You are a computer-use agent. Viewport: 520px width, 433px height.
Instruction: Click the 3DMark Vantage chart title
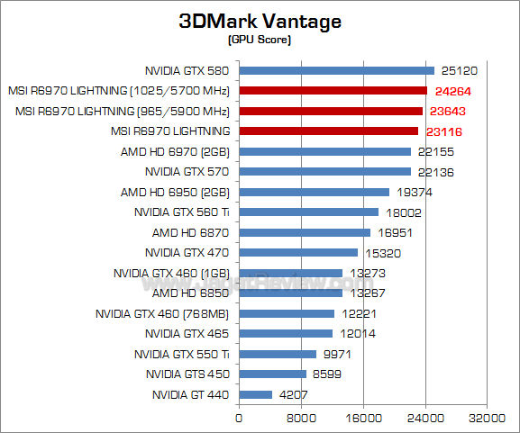260,21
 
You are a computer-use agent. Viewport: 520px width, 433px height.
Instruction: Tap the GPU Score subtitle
260,40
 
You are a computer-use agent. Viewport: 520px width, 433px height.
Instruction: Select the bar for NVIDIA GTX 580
336,70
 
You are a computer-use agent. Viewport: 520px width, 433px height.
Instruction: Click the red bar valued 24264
333,91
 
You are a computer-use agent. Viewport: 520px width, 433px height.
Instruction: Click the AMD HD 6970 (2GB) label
175,151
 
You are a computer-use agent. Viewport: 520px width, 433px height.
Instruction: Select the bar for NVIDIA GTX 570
324,172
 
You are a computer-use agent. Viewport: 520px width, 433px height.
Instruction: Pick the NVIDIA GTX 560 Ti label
182,212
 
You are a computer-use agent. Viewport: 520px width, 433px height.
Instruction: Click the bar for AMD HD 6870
305,232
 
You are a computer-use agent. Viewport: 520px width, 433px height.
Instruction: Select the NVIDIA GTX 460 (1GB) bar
290,273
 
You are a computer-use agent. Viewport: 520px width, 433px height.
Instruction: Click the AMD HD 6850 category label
191,293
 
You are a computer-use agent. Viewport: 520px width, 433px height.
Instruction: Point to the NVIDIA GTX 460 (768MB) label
162,313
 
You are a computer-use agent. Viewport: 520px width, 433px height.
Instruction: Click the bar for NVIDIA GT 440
255,394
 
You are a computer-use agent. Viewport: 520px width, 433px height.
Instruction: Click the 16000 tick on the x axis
362,418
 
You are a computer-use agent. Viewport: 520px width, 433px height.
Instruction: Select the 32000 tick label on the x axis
486,418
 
